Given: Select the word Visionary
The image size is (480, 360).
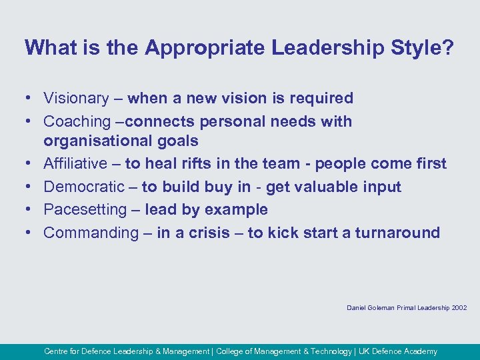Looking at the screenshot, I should pos(76,99).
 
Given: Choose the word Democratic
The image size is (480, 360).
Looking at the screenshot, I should pos(84,187).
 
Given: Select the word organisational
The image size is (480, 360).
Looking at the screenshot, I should pos(100,141).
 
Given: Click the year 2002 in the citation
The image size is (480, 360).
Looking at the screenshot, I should pos(459,308).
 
